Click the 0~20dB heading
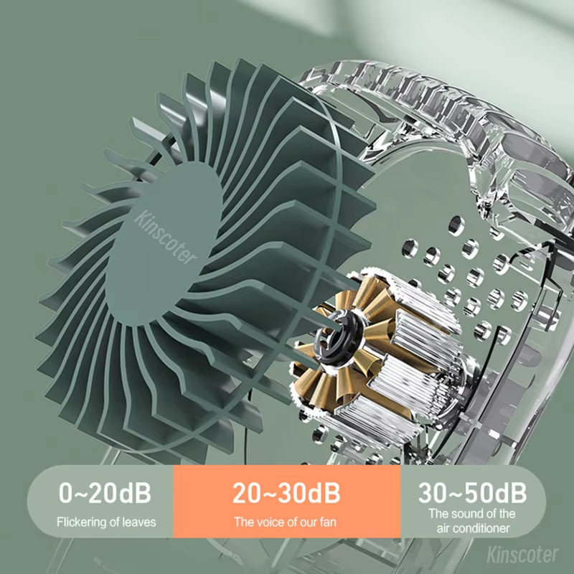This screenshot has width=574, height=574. point(105,494)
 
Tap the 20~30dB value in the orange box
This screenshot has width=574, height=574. point(286,494)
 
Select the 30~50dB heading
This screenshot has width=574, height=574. point(472,493)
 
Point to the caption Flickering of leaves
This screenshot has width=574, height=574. point(105,522)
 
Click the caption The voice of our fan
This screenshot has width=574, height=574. point(286,522)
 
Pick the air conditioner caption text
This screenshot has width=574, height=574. point(472,521)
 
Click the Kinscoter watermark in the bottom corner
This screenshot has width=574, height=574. point(522,555)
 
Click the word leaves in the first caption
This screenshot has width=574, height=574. point(141,522)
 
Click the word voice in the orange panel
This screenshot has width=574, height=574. point(268,522)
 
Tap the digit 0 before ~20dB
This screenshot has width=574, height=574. point(66,494)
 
